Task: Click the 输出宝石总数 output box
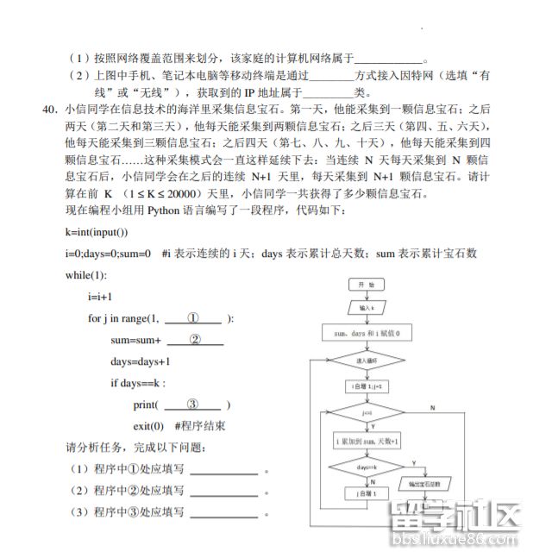point(424,485)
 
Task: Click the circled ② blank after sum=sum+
point(195,340)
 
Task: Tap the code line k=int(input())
point(97,232)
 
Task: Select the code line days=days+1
point(141,361)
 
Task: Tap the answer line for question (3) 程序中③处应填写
point(223,513)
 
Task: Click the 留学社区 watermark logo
point(455,520)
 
